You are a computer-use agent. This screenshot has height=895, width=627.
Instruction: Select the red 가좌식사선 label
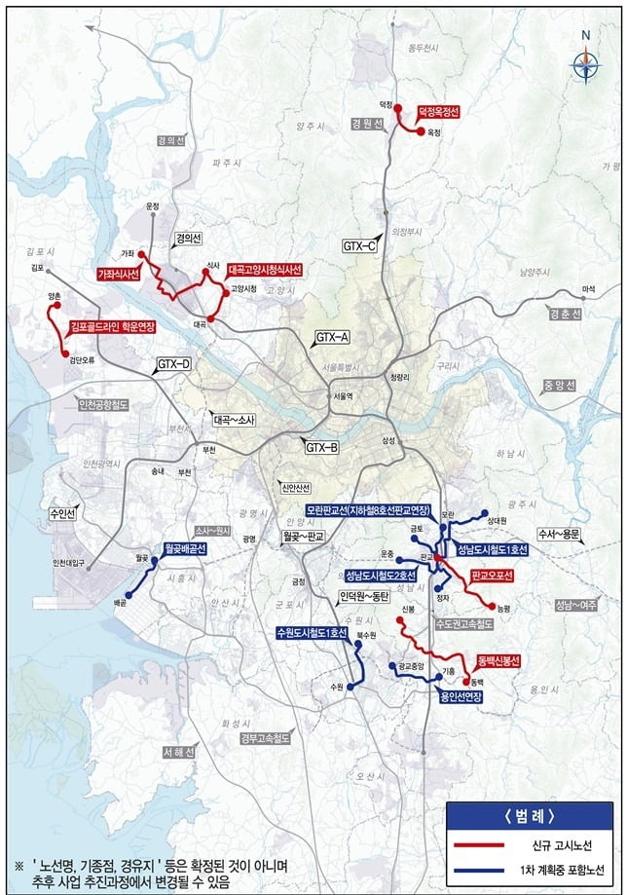click(120, 275)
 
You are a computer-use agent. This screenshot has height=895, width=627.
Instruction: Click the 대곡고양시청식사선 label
click(266, 269)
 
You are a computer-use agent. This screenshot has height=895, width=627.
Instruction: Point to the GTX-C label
click(359, 246)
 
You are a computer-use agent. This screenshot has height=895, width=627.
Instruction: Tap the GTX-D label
click(174, 365)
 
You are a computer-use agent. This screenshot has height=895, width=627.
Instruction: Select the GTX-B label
click(321, 447)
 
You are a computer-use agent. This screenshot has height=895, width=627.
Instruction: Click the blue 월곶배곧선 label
click(185, 549)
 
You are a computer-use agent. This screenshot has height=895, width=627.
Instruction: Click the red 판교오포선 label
click(491, 576)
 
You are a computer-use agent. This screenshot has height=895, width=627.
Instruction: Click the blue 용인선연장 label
click(461, 696)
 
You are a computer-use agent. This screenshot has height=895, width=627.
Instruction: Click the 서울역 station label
click(342, 396)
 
